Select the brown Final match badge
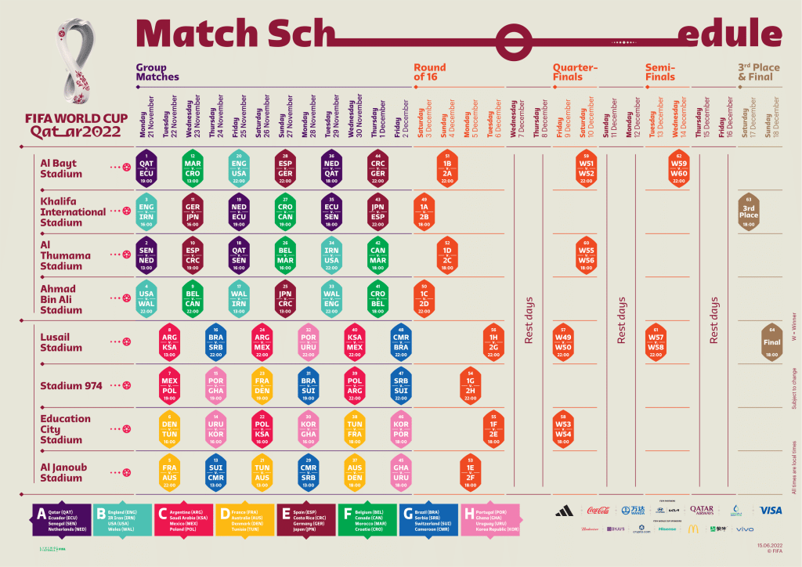(771, 342)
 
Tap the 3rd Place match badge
(749, 211)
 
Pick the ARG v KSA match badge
(170, 342)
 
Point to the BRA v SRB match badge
(216, 342)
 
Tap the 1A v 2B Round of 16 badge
(424, 211)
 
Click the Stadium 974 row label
(71, 385)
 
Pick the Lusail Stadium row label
(61, 341)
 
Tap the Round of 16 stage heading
(430, 72)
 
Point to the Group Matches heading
(157, 72)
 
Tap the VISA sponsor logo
(770, 511)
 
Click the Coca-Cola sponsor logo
(598, 511)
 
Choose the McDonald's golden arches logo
(692, 529)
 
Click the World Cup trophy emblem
(77, 67)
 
